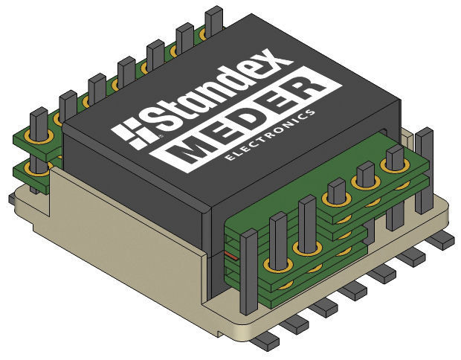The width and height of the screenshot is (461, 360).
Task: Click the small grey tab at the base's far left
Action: pos(9,199)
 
